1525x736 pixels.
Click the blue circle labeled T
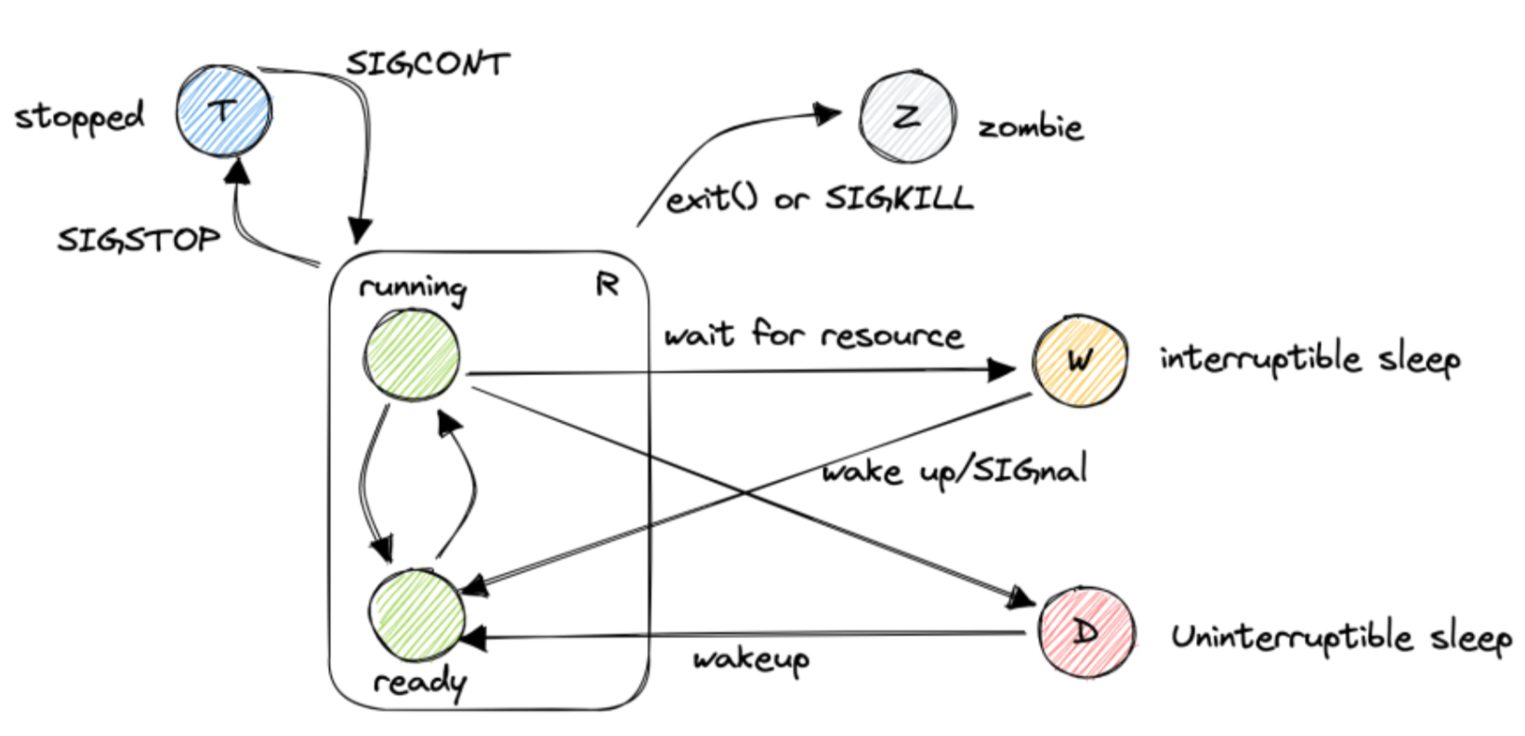click(224, 112)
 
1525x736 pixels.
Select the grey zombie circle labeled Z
click(907, 116)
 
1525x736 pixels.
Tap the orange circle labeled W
click(1080, 360)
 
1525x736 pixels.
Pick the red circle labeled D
click(1085, 633)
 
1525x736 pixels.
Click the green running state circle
click(412, 355)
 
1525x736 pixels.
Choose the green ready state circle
click(415, 615)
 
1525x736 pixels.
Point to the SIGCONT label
click(428, 64)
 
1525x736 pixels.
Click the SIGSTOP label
click(138, 240)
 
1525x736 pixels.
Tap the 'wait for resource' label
click(813, 334)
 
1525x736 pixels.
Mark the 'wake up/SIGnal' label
click(954, 470)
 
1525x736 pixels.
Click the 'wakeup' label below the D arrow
click(751, 660)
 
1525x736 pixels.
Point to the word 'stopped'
click(80, 117)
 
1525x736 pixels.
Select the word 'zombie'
click(1031, 125)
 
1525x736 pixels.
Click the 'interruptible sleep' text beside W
click(1309, 359)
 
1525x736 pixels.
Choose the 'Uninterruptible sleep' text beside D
click(1340, 637)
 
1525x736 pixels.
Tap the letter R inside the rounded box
click(607, 284)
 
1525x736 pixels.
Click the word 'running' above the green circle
click(413, 288)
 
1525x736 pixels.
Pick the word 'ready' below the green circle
click(419, 684)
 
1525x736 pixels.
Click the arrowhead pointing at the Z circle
click(827, 113)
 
